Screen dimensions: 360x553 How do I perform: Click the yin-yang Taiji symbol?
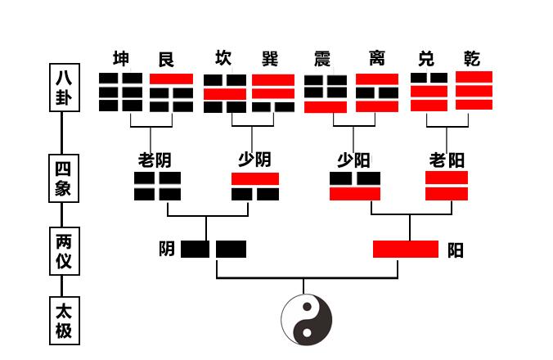[x=307, y=318]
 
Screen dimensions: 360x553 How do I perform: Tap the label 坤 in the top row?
[x=121, y=60]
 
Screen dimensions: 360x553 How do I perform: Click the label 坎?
[x=223, y=59]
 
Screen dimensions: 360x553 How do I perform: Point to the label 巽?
[x=269, y=59]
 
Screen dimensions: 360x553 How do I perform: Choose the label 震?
[x=322, y=59]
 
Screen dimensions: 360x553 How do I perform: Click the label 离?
[x=376, y=59]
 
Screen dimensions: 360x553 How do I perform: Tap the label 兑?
[x=426, y=59]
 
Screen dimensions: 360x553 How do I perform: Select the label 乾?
[x=471, y=59]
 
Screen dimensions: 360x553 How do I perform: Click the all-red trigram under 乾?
[x=474, y=91]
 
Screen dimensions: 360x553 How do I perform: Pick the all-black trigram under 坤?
[x=121, y=92]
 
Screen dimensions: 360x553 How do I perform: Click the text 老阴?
[x=155, y=159]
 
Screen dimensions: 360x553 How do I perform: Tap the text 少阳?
[x=353, y=159]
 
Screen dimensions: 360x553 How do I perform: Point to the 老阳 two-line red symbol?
[x=447, y=186]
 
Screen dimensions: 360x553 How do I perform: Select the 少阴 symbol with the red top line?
[x=255, y=186]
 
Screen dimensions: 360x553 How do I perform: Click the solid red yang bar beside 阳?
[x=406, y=249]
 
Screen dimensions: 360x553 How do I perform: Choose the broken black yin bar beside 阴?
[x=214, y=249]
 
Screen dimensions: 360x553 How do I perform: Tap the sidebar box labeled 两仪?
[x=63, y=251]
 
